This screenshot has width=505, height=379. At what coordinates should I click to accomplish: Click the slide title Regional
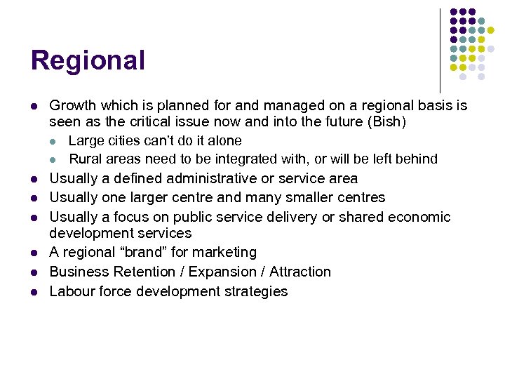pyautogui.click(x=88, y=60)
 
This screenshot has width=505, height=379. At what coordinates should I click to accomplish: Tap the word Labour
pyautogui.click(x=72, y=291)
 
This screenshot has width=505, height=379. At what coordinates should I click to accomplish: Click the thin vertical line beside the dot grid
pyautogui.click(x=440, y=49)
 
